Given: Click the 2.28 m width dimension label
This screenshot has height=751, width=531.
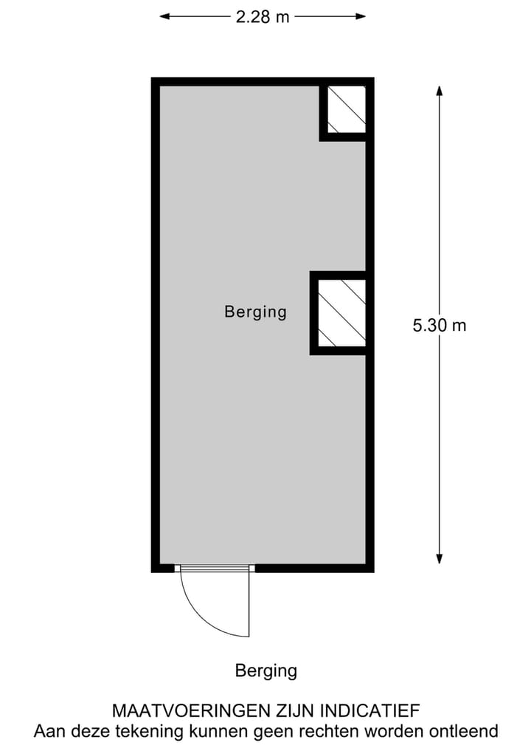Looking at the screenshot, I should click(263, 17).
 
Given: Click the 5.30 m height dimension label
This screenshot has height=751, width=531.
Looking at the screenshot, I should click(440, 325).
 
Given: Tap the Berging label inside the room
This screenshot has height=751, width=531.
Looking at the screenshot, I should click(255, 312).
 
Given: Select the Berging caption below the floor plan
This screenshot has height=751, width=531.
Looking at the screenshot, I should click(265, 671).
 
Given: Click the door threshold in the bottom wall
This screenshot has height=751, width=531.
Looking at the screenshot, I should click(215, 568).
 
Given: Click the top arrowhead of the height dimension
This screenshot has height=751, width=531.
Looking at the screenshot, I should click(440, 92).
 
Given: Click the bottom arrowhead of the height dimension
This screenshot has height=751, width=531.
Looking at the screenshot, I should click(440, 558).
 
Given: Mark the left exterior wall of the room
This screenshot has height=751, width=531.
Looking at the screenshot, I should click(156, 325).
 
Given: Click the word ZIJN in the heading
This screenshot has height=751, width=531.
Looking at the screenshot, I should click(291, 711).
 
